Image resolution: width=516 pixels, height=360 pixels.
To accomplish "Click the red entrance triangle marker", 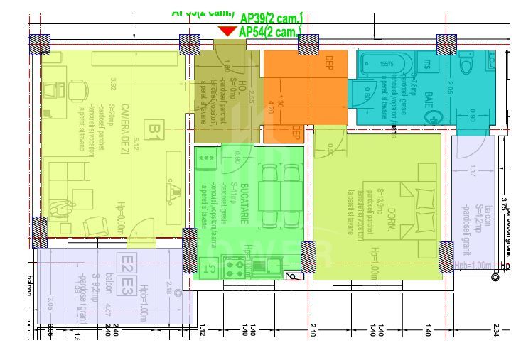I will tap(227, 31).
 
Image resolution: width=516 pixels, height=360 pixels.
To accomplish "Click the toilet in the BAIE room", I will tap(467, 63).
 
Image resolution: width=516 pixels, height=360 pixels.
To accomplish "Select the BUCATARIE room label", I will tap(243, 203).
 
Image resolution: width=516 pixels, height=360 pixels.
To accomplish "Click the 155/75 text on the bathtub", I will tap(386, 64).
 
